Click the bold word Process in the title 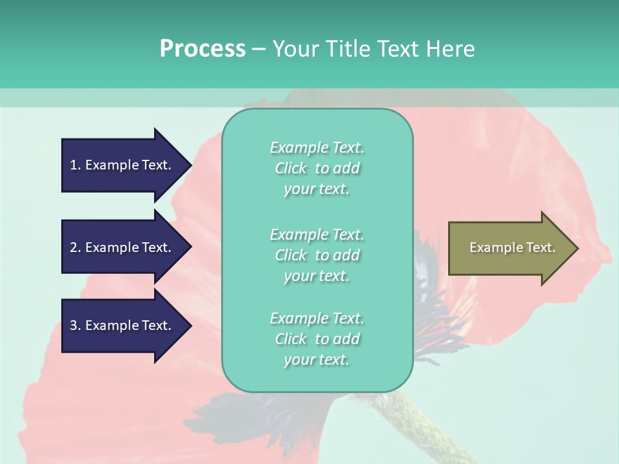click(x=202, y=49)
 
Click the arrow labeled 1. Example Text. click(x=123, y=165)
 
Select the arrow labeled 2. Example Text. click(x=123, y=247)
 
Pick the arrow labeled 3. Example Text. click(x=123, y=325)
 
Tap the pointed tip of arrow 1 click(x=190, y=165)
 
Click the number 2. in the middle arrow click(x=75, y=247)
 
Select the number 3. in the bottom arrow click(x=75, y=325)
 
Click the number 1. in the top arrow click(x=75, y=165)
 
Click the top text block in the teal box click(x=317, y=168)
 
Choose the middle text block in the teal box click(x=317, y=255)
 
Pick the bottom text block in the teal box click(x=317, y=339)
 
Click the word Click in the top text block click(x=290, y=168)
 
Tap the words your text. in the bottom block click(x=317, y=360)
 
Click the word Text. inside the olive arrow click(x=540, y=247)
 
